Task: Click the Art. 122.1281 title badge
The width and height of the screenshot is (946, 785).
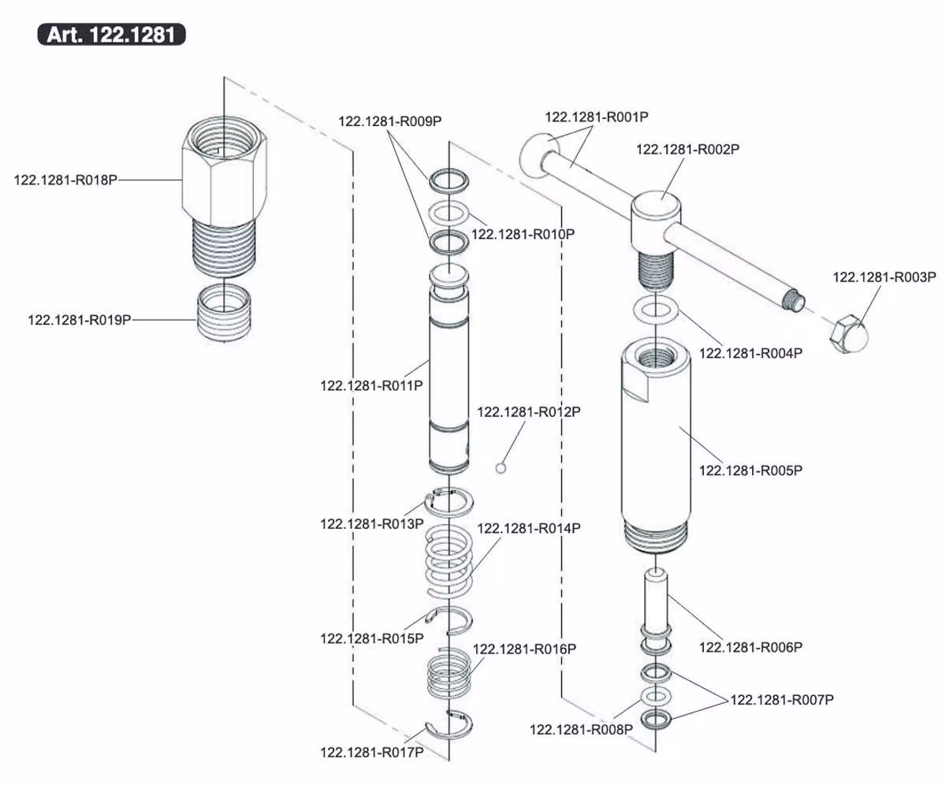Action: [x=111, y=35]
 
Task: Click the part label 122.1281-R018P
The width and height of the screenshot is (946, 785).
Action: [x=65, y=180]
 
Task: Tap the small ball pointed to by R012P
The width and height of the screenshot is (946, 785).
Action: [x=501, y=468]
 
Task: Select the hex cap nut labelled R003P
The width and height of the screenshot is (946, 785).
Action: [x=849, y=334]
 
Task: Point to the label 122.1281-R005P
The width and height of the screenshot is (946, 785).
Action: [x=750, y=471]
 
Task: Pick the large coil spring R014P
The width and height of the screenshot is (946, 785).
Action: [x=449, y=561]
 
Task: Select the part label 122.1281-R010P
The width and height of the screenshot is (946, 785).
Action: [x=523, y=234]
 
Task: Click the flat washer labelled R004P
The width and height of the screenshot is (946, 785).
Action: [x=656, y=310]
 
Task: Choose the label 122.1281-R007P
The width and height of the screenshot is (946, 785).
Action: [x=782, y=700]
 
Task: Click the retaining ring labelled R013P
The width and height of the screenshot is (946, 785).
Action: [x=449, y=502]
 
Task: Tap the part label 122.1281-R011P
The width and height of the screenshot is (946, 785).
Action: [x=371, y=385]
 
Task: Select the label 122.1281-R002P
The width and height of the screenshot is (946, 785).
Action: [x=687, y=149]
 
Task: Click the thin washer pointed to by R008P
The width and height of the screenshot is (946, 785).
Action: [x=656, y=696]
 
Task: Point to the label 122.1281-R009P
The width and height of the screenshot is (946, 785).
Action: [x=390, y=121]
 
